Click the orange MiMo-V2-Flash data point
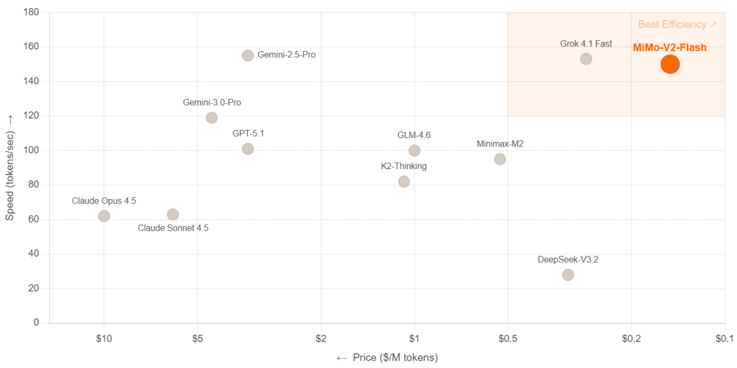point(670,64)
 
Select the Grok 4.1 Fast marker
point(586,59)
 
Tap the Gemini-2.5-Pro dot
point(248,55)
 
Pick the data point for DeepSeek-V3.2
point(568,275)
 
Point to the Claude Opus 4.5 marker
point(104,216)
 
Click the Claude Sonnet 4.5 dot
point(173,214)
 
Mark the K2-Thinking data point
point(404,182)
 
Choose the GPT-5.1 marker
point(248,149)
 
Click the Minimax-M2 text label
point(500,144)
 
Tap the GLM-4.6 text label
point(414,135)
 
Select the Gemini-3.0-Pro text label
point(212,103)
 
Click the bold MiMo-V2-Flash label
point(670,48)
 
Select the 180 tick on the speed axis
point(32,12)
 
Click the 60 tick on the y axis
point(34,220)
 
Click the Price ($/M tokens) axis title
point(387,358)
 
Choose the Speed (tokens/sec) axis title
point(10,167)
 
